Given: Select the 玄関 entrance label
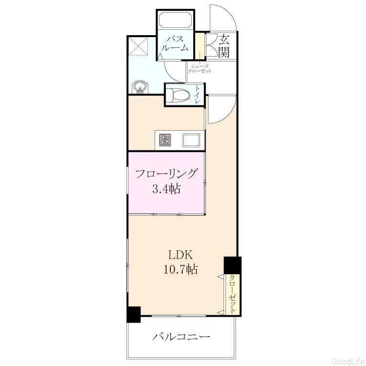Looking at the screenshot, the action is point(224,46).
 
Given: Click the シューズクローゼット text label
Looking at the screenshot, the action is point(200,69).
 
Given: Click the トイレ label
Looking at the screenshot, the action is point(198,95).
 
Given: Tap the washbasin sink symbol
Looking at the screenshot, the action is point(140,87).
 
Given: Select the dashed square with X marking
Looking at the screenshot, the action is point(139,46).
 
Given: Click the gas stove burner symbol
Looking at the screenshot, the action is point(165,140).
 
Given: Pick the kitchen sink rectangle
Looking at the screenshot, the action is point(191,140).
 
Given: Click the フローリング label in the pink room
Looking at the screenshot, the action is point(166,174).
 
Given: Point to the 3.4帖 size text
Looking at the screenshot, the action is point(167,189).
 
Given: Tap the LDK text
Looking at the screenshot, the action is point(181,255).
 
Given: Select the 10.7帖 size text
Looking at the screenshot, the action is point(181,269).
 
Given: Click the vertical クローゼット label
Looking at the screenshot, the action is point(232,294).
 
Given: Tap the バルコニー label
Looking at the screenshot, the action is point(182,337).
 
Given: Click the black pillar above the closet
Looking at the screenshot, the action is point(232,265).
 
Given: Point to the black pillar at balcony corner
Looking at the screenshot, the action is point(134,314).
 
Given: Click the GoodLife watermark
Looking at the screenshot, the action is point(348,361).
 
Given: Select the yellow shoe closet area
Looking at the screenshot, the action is point(200,46).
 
